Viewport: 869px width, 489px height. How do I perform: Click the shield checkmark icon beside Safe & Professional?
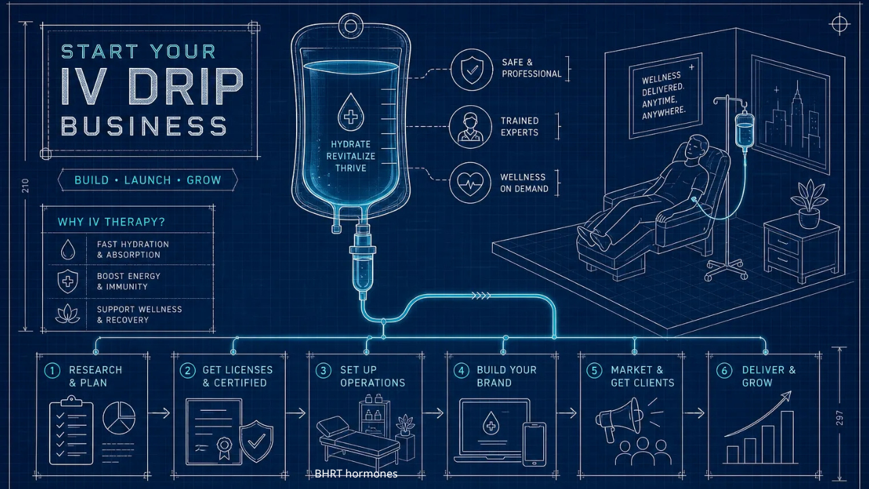point(472,70)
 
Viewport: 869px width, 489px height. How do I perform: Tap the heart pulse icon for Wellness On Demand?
point(470,183)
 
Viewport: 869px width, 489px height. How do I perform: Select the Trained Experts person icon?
point(470,127)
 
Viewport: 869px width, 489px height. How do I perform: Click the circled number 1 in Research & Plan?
point(52,371)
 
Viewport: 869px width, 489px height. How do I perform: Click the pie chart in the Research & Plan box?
point(119,418)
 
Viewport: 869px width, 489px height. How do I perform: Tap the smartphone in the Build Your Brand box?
point(534,444)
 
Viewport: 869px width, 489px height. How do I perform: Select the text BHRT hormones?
point(356,474)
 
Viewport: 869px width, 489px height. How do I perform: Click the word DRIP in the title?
point(185,86)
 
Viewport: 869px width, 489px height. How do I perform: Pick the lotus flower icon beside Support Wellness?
point(68,314)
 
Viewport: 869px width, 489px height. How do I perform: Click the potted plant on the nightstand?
point(809,204)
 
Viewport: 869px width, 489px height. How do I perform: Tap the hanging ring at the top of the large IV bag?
point(351,26)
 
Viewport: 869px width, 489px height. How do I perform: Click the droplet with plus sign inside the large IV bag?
point(351,112)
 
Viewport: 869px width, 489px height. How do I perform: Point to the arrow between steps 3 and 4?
point(433,413)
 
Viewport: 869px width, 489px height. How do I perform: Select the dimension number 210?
point(26,186)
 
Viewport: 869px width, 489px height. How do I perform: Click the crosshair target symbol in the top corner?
point(839,24)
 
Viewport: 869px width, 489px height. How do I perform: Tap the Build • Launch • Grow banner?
point(148,180)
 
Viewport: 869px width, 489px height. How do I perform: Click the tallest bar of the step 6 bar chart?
point(787,437)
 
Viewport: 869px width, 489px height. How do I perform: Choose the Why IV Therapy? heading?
point(111,222)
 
